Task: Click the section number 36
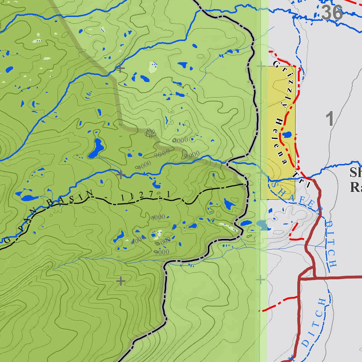(x=332, y=13)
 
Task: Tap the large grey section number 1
(x=330, y=119)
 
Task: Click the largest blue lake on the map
(x=95, y=148)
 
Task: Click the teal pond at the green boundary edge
(x=262, y=225)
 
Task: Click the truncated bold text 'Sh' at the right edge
(x=355, y=173)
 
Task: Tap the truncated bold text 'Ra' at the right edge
(x=355, y=187)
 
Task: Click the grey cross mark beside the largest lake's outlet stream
(x=121, y=174)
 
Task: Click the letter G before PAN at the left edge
(x=8, y=240)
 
